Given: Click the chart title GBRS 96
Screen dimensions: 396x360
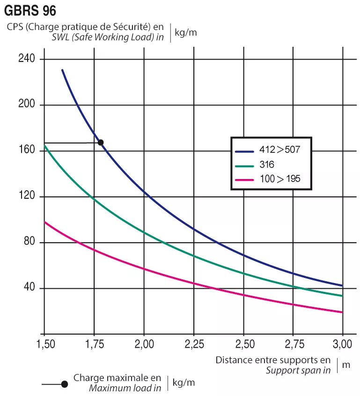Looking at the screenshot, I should [x=30, y=10].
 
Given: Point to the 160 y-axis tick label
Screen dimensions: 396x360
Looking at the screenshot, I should [x=27, y=150].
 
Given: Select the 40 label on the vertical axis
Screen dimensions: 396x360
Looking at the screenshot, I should [x=29, y=288].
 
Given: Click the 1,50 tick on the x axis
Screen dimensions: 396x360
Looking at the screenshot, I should [x=44, y=345].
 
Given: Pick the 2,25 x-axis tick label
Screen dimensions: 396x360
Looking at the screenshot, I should [x=194, y=345].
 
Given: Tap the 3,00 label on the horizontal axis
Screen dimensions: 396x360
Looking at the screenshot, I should [x=343, y=345].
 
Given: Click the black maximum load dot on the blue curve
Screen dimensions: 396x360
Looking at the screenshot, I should [x=100, y=142].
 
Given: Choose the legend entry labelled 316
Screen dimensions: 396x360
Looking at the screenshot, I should [x=267, y=165].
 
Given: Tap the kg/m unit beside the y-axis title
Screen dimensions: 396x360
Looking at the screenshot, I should [x=185, y=32].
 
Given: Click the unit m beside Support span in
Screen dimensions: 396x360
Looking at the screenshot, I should [x=346, y=365].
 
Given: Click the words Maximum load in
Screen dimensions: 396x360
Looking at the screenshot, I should [x=125, y=388].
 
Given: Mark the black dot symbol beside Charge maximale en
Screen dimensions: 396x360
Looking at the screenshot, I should [x=65, y=384].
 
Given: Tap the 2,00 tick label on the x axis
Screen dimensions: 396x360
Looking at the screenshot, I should [x=144, y=345].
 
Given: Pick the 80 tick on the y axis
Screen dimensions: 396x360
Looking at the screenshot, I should [x=29, y=242].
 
